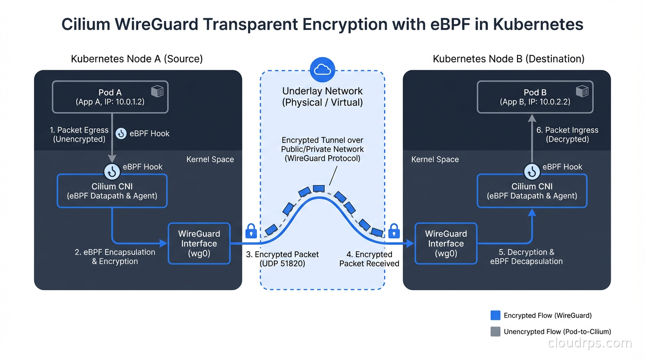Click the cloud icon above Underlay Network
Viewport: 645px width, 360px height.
click(322, 70)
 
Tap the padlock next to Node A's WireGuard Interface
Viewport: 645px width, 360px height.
click(251, 231)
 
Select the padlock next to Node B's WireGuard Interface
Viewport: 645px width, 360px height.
click(394, 231)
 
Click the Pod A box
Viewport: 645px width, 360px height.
click(110, 97)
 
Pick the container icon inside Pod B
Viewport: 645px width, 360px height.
click(582, 91)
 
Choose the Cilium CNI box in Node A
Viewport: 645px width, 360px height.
click(112, 191)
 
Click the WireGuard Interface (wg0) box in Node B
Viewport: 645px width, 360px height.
click(446, 243)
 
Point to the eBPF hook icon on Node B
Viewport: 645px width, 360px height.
click(532, 172)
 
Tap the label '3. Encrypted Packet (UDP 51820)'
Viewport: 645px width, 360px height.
click(282, 259)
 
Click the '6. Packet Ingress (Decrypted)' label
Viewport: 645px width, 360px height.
click(567, 135)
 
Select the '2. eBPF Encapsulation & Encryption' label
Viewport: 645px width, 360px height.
click(115, 256)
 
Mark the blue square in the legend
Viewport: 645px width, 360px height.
click(495, 315)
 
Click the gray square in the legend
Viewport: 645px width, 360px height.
click(495, 331)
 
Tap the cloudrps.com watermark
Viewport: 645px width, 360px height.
click(590, 343)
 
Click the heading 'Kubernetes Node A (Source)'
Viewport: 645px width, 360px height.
click(137, 59)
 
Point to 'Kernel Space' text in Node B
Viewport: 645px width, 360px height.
click(435, 159)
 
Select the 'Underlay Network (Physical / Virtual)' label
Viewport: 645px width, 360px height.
click(322, 97)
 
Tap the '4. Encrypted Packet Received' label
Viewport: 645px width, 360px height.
click(369, 259)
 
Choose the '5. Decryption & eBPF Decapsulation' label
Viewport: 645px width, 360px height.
click(526, 256)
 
